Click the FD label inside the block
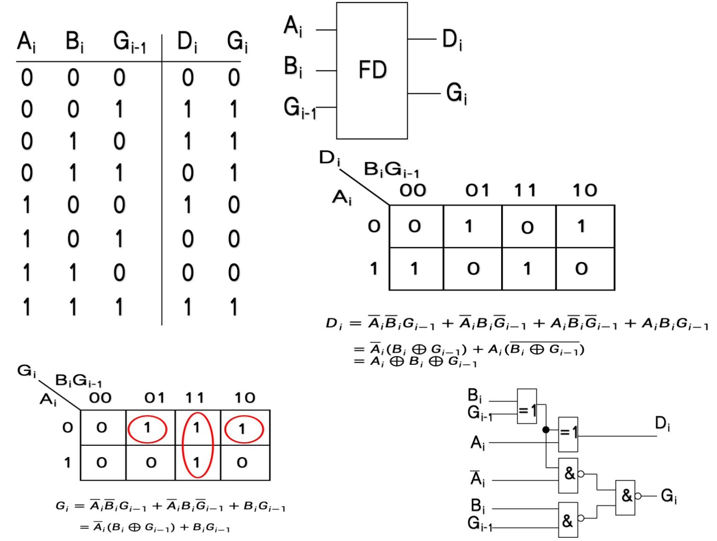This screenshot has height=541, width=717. [x=373, y=70]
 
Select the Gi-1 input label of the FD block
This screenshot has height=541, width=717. [x=299, y=108]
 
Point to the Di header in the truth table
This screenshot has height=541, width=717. [x=187, y=42]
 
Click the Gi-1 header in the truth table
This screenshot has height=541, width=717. [x=130, y=42]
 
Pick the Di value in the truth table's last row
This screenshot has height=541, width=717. [x=188, y=307]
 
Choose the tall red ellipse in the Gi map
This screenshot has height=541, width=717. [x=198, y=445]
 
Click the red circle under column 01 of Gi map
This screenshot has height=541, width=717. [x=147, y=429]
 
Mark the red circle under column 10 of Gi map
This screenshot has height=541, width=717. [x=244, y=429]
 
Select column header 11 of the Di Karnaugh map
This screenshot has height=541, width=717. [x=525, y=190]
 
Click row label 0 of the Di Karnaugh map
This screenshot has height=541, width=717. [x=374, y=226]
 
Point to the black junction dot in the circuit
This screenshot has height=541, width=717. [x=546, y=429]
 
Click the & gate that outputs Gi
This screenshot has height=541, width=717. [x=625, y=497]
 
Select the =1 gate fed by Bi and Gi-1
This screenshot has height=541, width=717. [x=527, y=406]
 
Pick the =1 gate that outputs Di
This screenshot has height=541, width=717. [x=568, y=434]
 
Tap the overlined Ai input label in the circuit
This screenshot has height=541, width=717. [x=477, y=478]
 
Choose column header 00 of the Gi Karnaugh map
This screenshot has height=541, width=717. [x=100, y=398]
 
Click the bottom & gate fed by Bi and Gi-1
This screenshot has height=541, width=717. [x=568, y=520]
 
